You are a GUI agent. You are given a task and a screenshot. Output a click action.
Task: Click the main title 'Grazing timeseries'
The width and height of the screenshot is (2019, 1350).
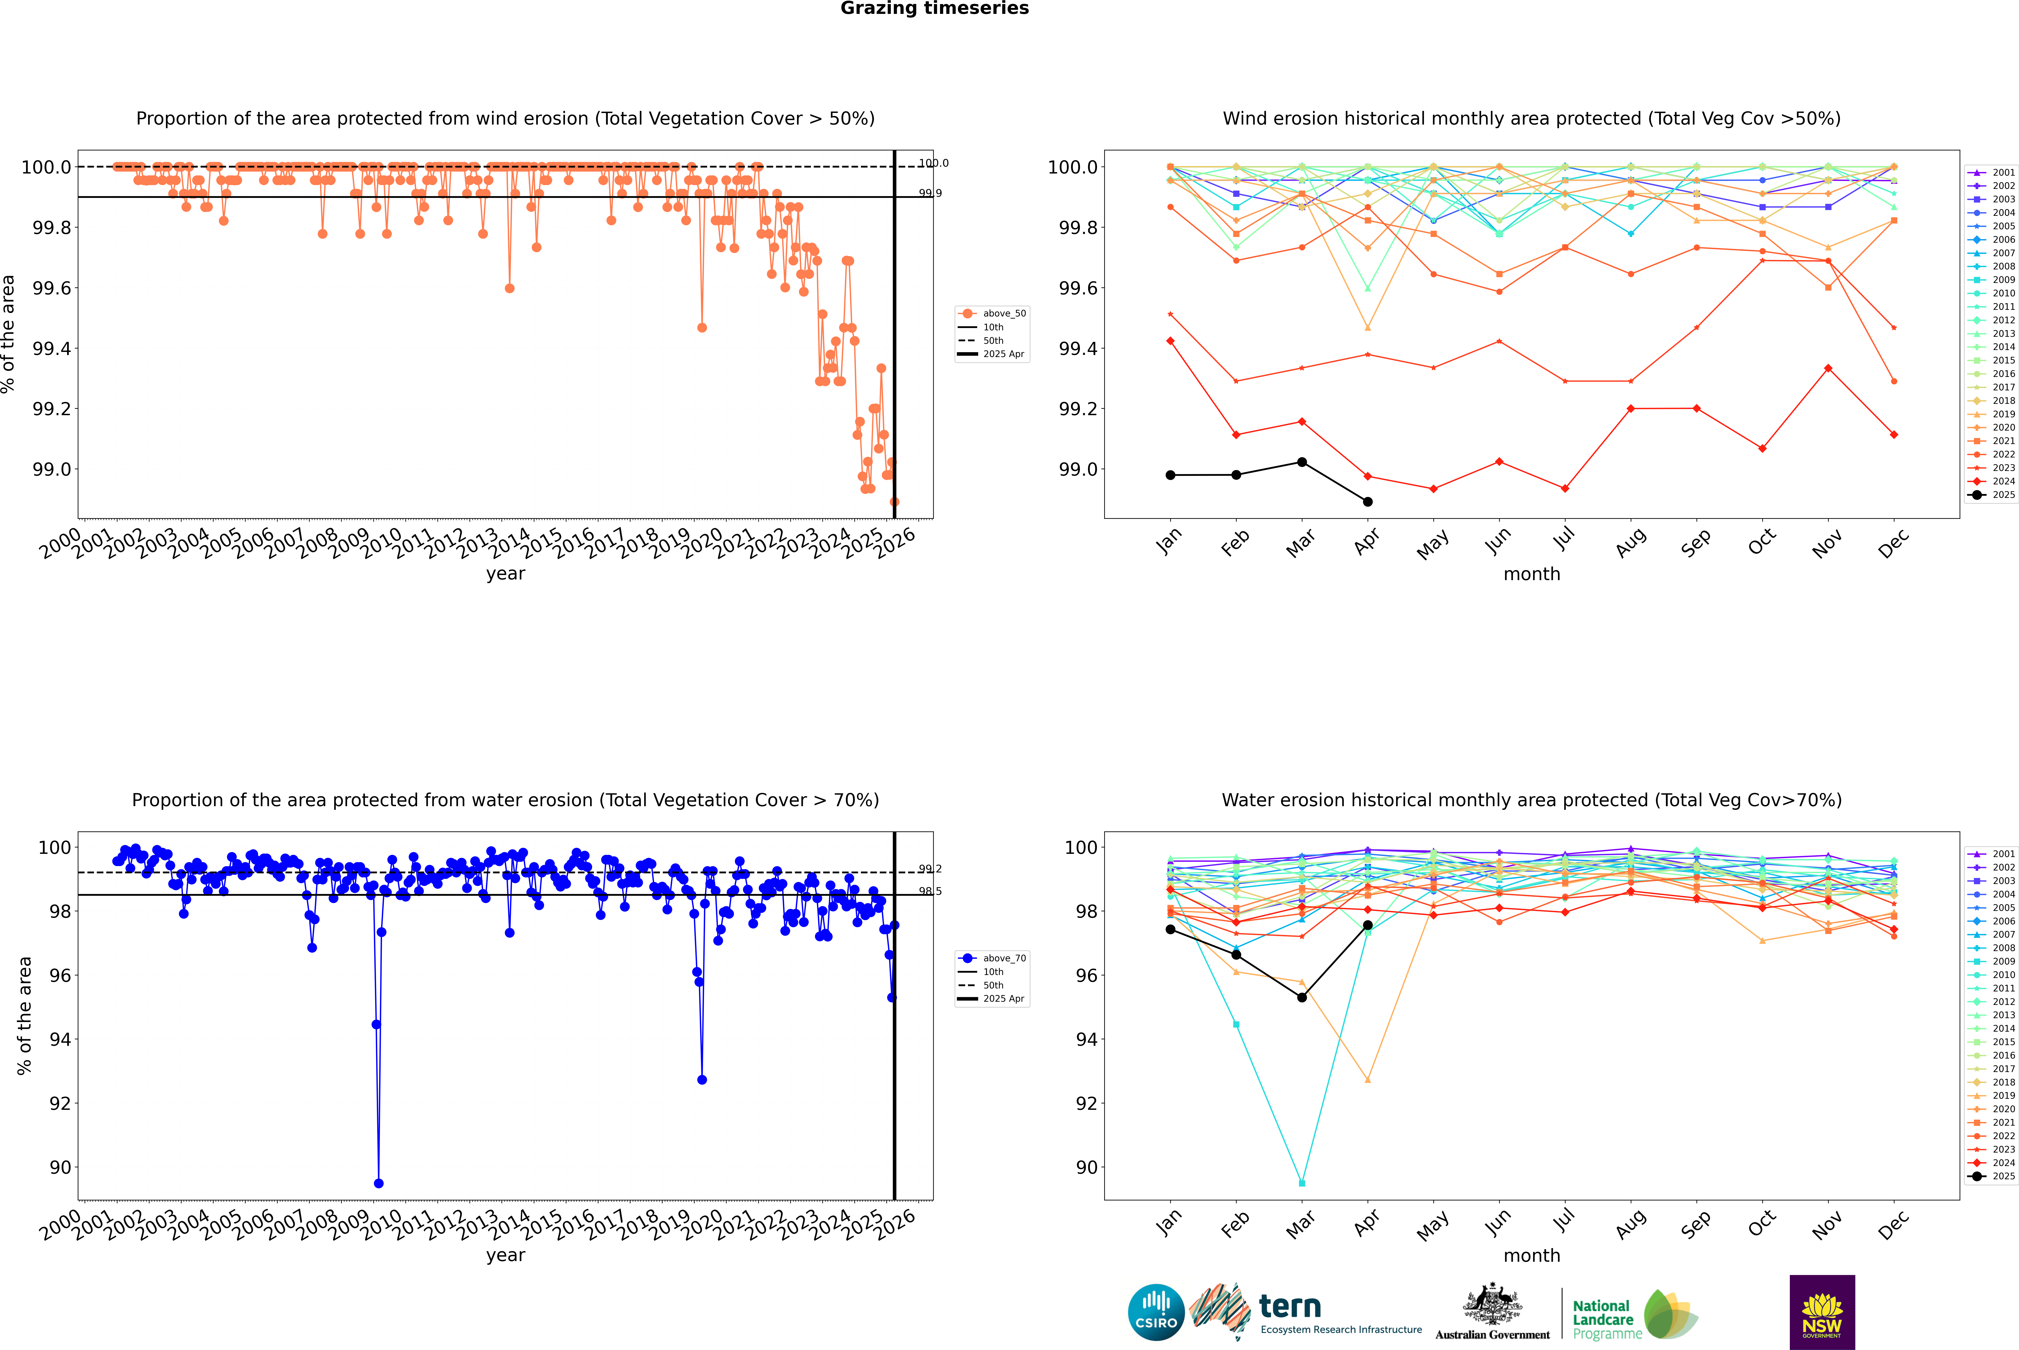(x=935, y=9)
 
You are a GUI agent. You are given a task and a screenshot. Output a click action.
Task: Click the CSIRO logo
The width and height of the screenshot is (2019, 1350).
(x=1156, y=1312)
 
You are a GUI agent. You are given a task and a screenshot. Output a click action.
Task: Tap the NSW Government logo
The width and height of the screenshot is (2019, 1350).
(x=1822, y=1312)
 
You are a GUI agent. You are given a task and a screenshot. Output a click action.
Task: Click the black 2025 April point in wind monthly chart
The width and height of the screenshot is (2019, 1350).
(x=1368, y=502)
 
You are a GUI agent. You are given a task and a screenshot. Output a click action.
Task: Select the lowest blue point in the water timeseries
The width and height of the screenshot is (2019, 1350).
(x=379, y=1183)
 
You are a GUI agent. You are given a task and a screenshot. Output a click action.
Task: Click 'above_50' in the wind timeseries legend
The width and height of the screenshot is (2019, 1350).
(x=1004, y=313)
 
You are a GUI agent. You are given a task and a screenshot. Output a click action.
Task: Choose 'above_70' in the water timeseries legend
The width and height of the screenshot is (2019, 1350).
(x=1004, y=958)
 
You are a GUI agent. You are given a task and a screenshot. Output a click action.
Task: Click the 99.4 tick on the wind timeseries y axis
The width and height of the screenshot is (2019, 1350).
(x=52, y=349)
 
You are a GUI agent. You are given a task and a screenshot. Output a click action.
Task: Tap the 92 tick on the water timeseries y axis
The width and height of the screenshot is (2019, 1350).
(x=60, y=1104)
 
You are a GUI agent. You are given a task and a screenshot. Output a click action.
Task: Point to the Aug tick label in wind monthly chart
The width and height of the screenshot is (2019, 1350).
(x=1631, y=542)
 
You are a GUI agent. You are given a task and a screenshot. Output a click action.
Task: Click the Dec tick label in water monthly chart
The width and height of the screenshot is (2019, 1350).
(x=1893, y=1224)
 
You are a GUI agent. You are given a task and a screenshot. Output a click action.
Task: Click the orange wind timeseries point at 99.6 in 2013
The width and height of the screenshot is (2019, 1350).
(x=509, y=288)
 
